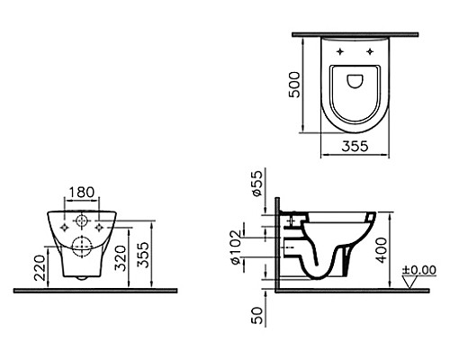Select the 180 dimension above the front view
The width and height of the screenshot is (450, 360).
coord(79,193)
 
